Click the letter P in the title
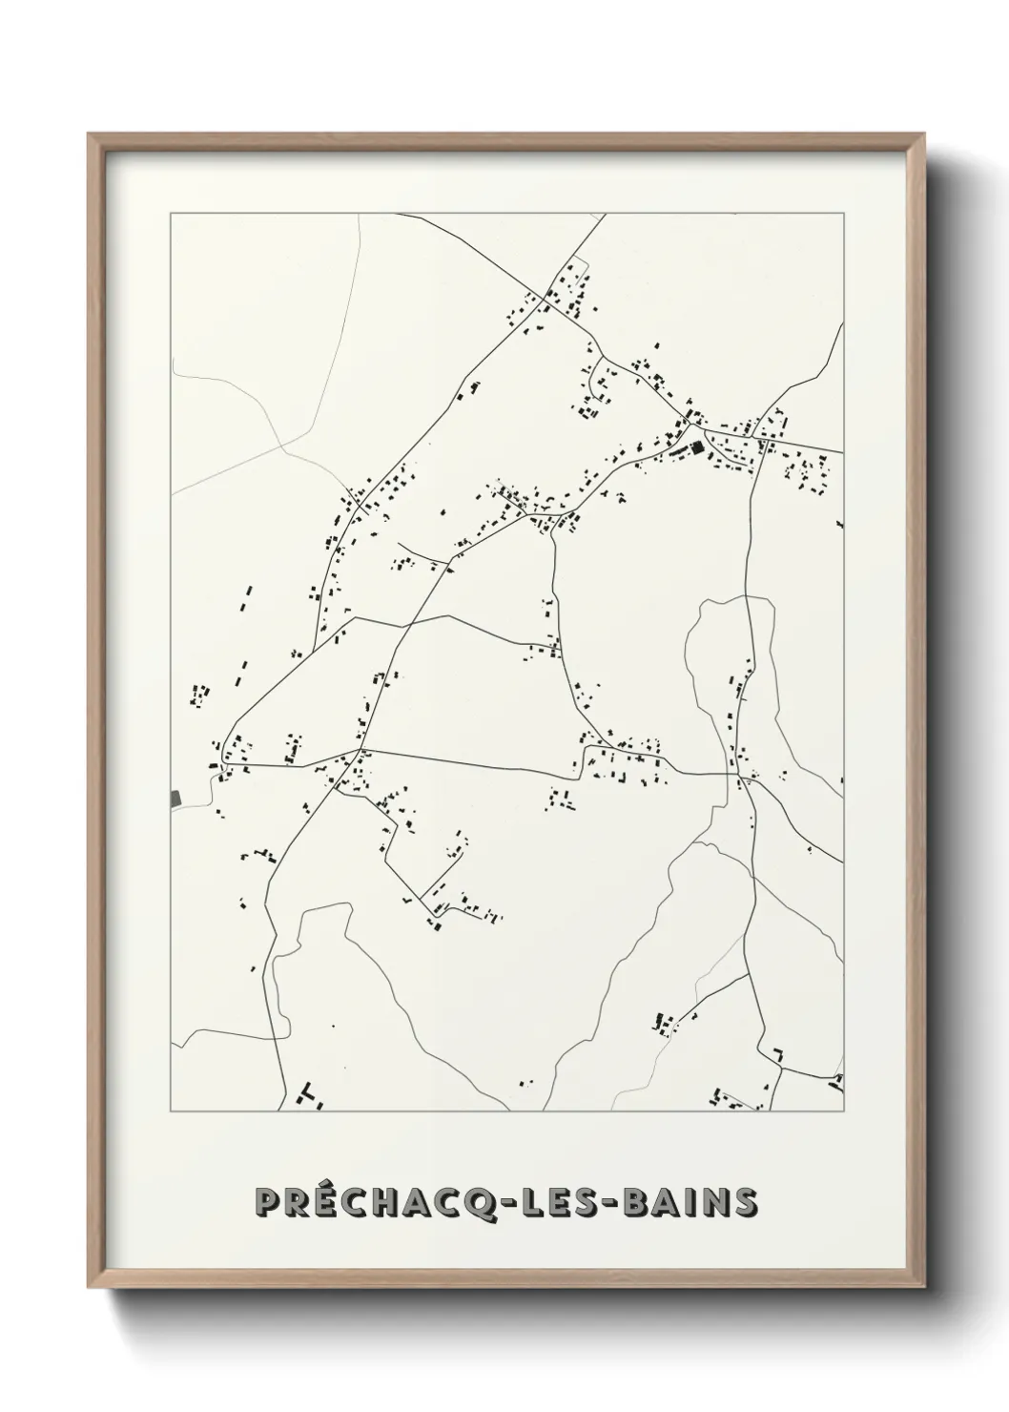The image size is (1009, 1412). click(x=269, y=1202)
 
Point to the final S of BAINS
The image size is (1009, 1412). click(x=744, y=1202)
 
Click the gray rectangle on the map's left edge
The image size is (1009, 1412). click(x=175, y=798)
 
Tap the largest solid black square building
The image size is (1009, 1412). click(x=697, y=446)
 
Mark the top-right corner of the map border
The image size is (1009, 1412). click(x=843, y=214)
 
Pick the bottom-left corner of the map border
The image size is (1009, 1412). click(x=171, y=1111)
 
